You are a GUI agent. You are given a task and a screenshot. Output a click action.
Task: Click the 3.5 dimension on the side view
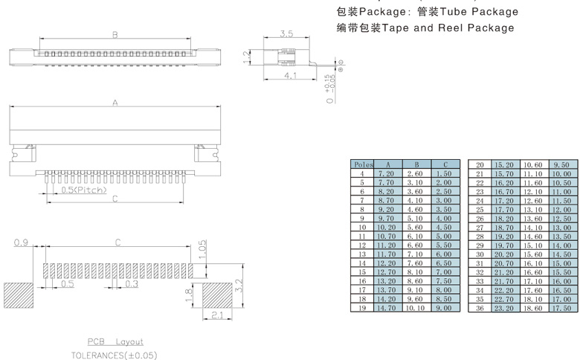coord(286,33)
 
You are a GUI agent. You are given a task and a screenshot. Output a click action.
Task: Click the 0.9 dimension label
coord(22,243)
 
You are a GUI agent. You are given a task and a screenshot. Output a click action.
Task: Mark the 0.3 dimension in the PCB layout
coord(132,283)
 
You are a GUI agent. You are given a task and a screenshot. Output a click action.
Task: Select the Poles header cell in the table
coord(362,164)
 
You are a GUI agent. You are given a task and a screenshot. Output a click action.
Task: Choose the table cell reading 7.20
coord(387,173)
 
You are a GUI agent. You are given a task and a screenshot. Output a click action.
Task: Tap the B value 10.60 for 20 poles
coord(532,164)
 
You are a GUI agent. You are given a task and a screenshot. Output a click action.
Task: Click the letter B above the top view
coord(115,35)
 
